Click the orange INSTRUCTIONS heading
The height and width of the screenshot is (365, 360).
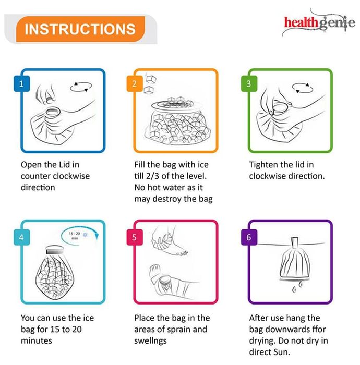80,29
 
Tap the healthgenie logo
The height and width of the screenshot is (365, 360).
319,23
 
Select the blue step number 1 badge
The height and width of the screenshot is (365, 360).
22,83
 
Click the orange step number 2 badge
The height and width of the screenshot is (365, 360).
135,83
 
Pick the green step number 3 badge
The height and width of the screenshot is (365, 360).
249,83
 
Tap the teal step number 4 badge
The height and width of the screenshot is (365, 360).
22,237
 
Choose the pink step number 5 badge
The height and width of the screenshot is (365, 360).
135,237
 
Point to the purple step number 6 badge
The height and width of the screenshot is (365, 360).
249,237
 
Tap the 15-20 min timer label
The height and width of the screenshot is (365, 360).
75,236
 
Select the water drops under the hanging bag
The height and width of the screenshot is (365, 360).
297,287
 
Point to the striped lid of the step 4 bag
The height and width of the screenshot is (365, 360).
54,250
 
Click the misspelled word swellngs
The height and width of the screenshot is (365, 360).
150,341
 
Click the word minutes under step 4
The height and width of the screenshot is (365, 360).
37,341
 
